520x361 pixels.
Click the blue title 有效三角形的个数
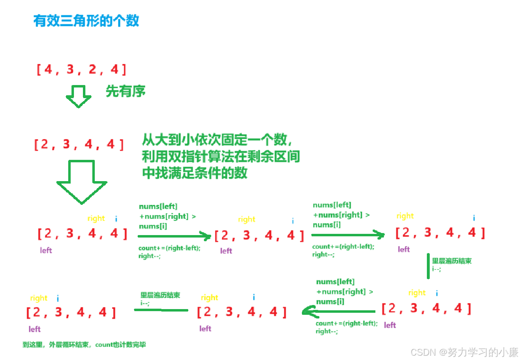[x=86, y=21]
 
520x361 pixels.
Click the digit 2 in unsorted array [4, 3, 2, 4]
[x=92, y=70]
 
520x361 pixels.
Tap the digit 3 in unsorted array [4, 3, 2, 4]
[x=70, y=70]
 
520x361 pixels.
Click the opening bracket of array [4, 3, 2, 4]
[x=38, y=70]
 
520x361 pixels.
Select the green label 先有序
[x=125, y=91]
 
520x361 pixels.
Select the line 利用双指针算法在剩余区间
[x=221, y=157]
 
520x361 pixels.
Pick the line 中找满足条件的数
[x=195, y=173]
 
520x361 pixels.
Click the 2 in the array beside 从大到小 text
[x=45, y=144]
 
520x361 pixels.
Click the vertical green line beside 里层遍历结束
[x=428, y=266]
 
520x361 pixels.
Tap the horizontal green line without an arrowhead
[x=161, y=310]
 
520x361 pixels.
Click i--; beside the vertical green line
[x=437, y=269]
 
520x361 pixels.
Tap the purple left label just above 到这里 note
[x=35, y=329]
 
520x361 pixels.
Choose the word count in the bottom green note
[x=103, y=345]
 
